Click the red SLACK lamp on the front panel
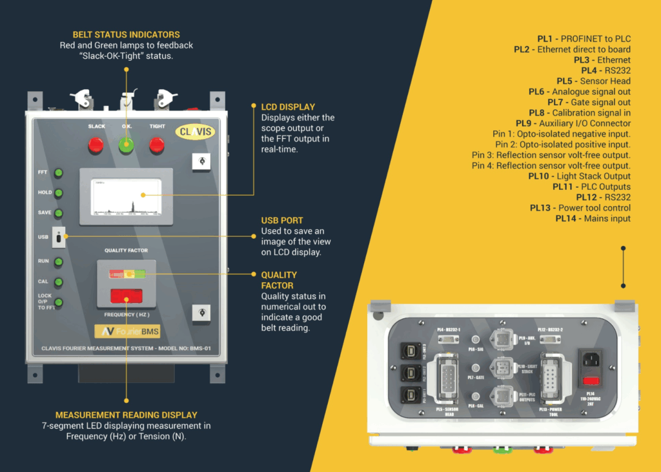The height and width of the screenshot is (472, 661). pos(96,145)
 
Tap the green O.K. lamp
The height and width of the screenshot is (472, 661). pos(127,145)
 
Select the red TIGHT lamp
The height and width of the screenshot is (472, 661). pos(157,145)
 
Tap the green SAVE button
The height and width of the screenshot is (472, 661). pos(59,212)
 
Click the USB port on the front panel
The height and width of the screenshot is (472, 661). pos(59,238)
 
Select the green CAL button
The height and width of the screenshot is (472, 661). pos(59,282)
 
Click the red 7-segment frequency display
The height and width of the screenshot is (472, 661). pos(127,297)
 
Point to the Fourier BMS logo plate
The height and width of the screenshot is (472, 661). pos(127,331)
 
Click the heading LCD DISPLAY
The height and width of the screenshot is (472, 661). pos(288,107)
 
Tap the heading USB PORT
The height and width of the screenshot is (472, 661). pos(282,220)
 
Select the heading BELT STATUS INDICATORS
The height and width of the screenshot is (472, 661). pos(126,35)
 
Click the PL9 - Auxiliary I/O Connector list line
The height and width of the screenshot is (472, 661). pos(573,123)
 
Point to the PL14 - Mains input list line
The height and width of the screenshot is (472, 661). pos(593,219)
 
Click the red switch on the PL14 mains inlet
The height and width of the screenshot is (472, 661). pos(591,381)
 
